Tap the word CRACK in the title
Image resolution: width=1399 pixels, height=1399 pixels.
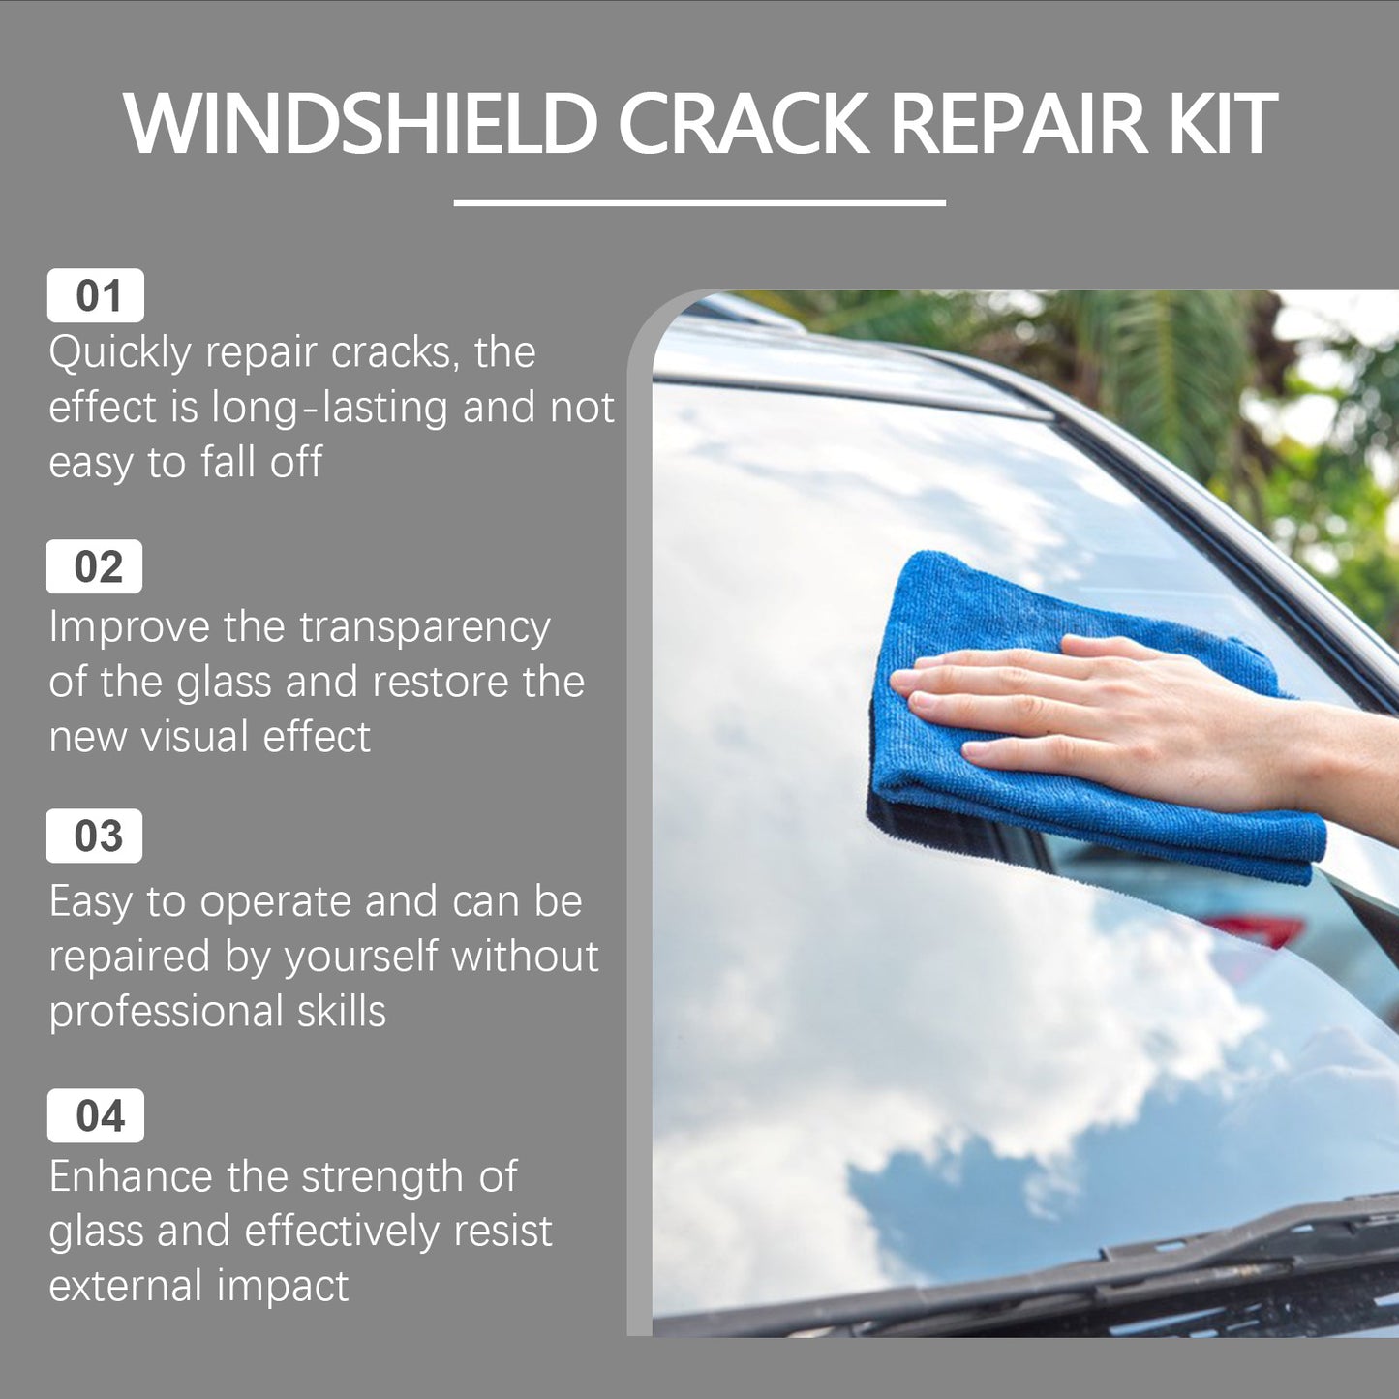[744, 124]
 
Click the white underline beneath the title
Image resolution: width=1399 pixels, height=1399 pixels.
[699, 202]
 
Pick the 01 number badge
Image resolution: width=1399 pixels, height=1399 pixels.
[96, 295]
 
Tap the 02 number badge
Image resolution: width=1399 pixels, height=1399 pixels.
[95, 566]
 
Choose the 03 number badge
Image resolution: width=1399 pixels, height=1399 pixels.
[95, 836]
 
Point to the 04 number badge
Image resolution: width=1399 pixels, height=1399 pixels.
[96, 1115]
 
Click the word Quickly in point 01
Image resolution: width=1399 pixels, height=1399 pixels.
[120, 353]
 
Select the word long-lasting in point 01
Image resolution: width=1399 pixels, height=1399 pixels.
[329, 409]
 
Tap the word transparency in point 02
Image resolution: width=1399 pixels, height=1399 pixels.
[425, 628]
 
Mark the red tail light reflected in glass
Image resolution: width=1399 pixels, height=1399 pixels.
[1254, 929]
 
